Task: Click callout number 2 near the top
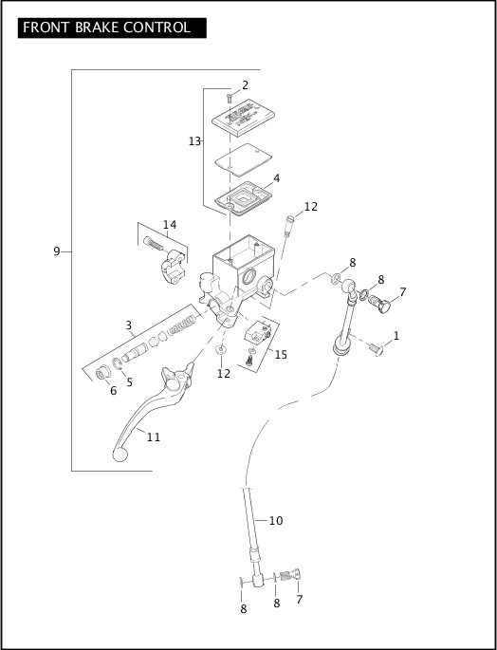coord(245,85)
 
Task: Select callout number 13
coord(194,141)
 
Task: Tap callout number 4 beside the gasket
coord(276,177)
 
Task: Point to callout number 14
coord(169,225)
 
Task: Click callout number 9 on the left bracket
coord(57,251)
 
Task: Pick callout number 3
coord(128,325)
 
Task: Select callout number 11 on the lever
coord(153,436)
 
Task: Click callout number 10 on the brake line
coord(276,520)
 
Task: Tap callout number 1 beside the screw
coord(396,335)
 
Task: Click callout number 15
coord(281,354)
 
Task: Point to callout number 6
coord(112,390)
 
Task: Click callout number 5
coord(130,382)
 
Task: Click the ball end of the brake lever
coord(120,455)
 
